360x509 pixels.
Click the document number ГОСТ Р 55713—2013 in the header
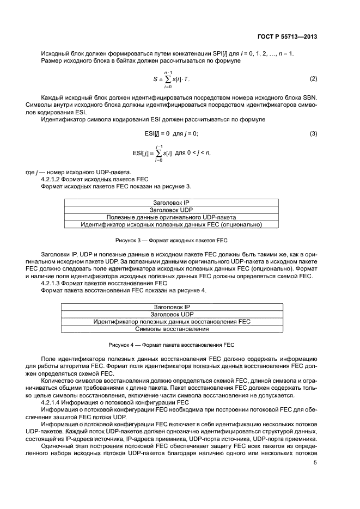coord(286,37)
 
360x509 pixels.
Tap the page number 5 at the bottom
coord(315,463)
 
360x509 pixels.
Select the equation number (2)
coord(313,79)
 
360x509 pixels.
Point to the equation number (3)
coord(313,134)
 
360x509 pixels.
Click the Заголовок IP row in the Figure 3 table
coord(172,203)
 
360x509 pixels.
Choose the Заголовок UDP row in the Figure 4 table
coord(172,314)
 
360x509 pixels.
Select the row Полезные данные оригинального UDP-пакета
coord(172,217)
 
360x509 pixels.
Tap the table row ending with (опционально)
coord(172,224)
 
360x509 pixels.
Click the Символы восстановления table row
coord(172,329)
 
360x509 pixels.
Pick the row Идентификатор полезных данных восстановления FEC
coord(172,322)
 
